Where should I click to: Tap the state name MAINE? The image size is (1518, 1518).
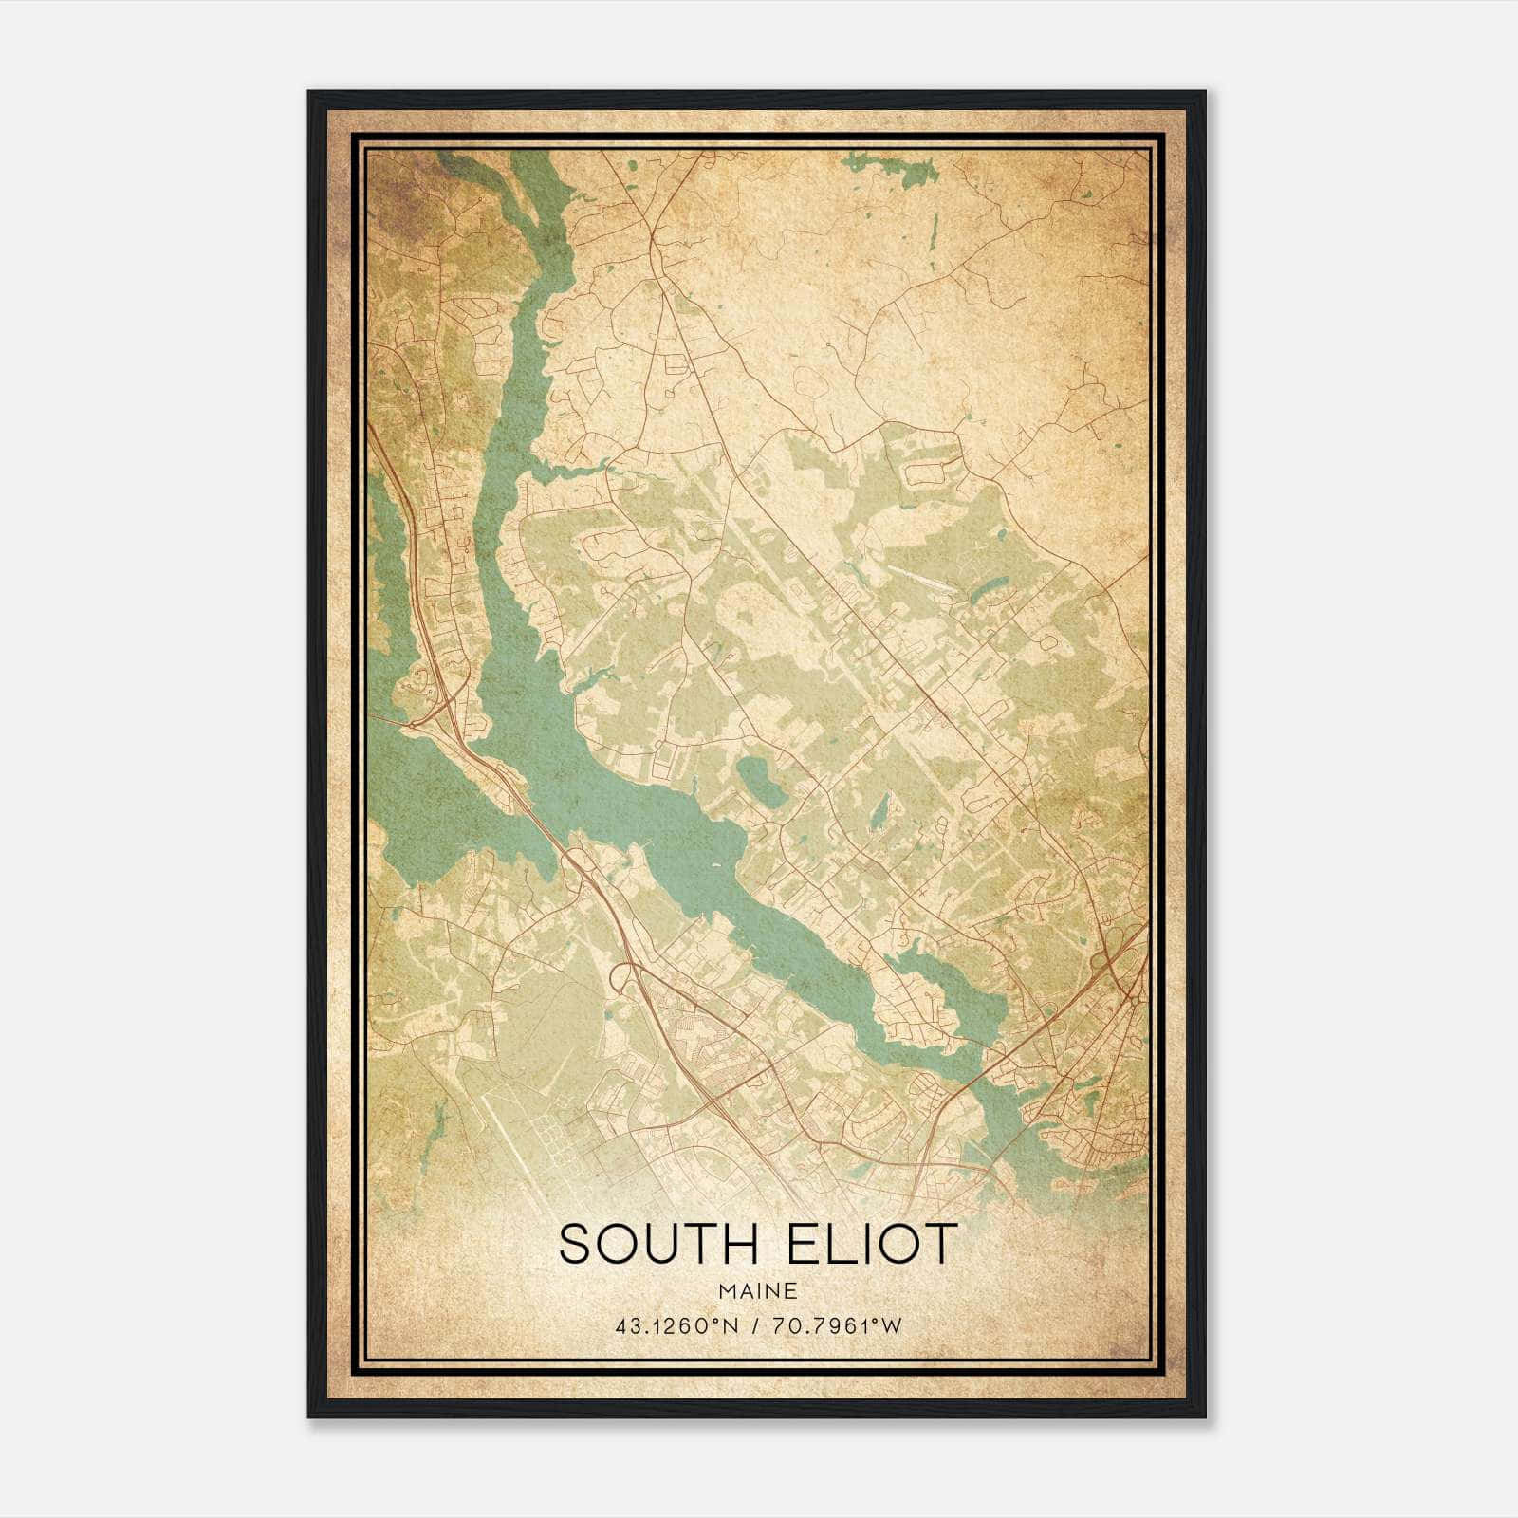pos(757,1291)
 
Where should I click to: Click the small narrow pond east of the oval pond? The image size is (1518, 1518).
pos(881,808)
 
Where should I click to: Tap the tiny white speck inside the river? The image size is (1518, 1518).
pos(713,865)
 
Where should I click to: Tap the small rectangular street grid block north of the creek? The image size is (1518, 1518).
pos(677,362)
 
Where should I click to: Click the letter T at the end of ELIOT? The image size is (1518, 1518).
pos(941,1244)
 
